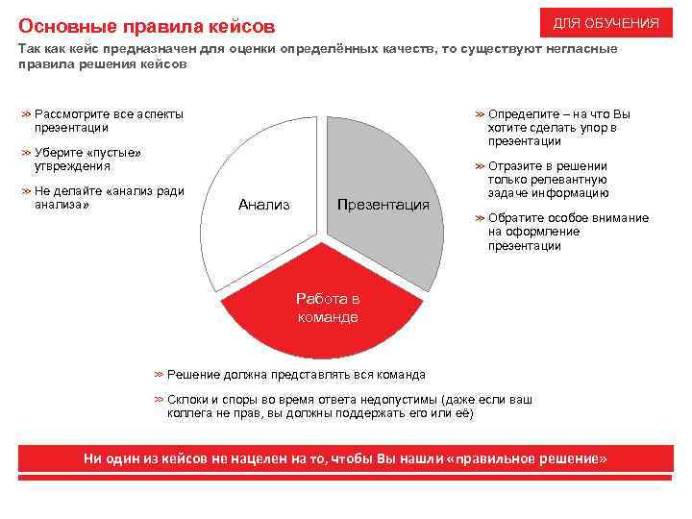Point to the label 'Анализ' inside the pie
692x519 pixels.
(263, 205)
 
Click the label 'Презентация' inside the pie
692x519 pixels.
(383, 205)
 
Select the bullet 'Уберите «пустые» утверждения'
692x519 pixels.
(86, 160)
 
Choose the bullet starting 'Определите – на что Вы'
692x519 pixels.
(557, 128)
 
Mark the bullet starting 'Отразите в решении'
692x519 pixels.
(553, 180)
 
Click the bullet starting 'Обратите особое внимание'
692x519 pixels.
(567, 232)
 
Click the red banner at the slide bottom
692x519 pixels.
(346, 459)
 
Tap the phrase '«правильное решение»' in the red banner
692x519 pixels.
(530, 459)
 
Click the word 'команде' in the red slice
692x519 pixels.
(328, 317)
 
